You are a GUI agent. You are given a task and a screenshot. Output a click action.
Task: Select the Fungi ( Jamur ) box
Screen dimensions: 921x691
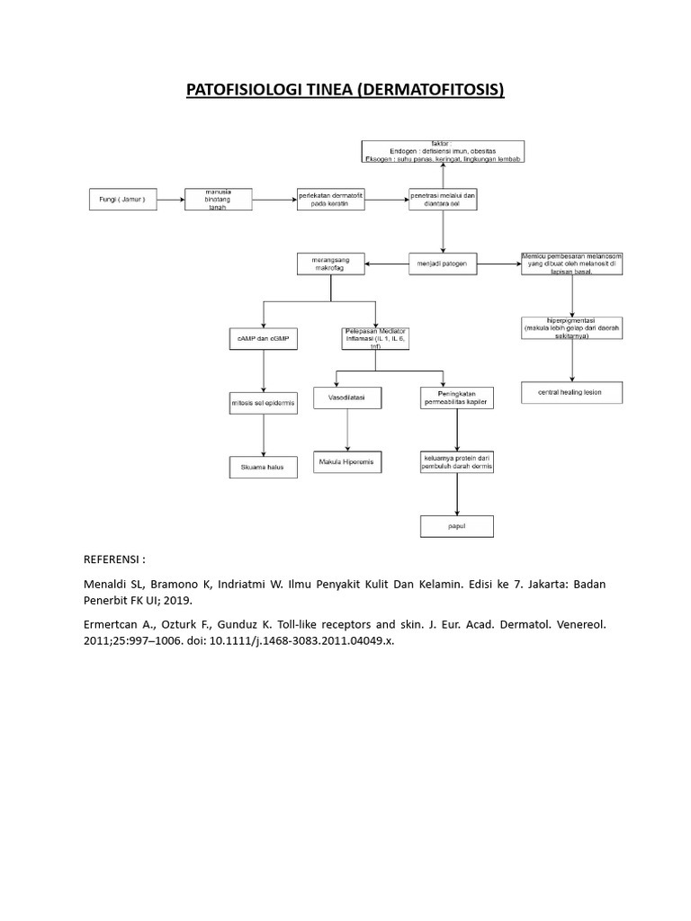coord(122,200)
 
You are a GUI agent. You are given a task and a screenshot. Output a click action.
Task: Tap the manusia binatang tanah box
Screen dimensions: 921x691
coord(218,200)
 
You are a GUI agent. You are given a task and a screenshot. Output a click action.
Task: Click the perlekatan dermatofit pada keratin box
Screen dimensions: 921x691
coord(331,200)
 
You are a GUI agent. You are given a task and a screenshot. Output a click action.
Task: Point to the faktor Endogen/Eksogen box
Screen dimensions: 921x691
coord(443,152)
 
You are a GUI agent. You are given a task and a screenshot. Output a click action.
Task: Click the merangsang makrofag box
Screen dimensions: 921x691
coord(330,264)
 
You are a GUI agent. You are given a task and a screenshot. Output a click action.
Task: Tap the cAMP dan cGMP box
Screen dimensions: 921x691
coord(263,339)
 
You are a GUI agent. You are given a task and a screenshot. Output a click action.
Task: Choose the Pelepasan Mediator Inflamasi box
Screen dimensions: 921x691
coord(376,339)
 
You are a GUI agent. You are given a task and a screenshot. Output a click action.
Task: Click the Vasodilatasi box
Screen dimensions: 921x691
coord(346,397)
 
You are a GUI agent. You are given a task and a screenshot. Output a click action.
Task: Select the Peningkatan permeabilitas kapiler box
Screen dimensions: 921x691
coord(457,397)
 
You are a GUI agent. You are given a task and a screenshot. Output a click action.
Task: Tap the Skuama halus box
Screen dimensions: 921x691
coord(263,467)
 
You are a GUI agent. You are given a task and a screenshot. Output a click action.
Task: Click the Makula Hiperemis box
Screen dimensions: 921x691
coord(346,461)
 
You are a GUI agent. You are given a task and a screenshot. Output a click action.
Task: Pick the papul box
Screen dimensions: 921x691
coord(457,526)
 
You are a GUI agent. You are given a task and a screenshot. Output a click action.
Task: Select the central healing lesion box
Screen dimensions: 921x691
coord(571,393)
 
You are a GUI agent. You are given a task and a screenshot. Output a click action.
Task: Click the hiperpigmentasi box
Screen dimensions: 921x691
coord(571,328)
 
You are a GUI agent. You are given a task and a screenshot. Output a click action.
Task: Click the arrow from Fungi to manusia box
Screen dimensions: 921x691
coord(170,200)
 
